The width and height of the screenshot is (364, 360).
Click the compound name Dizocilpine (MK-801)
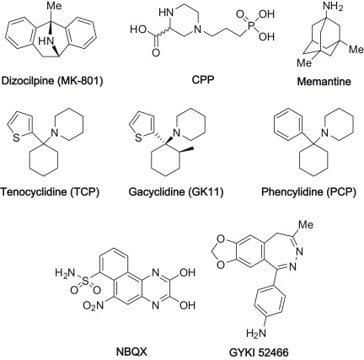pos(52,81)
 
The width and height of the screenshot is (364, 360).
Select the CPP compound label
pos(203,80)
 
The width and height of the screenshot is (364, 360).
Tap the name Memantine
pos(324,82)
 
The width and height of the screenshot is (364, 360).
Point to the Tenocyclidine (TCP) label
pos(50,192)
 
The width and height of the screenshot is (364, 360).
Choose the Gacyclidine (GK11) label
pos(176,192)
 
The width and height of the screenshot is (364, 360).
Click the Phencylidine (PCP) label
pos(309,192)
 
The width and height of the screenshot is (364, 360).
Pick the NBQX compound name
pos(132,351)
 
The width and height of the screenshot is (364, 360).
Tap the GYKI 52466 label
pos(259,352)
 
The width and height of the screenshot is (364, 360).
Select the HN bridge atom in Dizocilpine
pos(45,41)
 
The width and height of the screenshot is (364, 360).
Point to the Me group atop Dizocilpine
pos(54,6)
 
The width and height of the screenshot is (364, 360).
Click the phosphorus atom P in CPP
pos(251,25)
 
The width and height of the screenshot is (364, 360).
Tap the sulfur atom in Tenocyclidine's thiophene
pos(17,138)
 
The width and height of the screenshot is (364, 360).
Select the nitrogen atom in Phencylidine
pos(325,132)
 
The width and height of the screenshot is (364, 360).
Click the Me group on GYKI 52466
pos(305,224)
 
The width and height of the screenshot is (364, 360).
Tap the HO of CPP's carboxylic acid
pos(138,29)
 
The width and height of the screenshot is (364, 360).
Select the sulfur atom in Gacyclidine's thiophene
pos(138,138)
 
